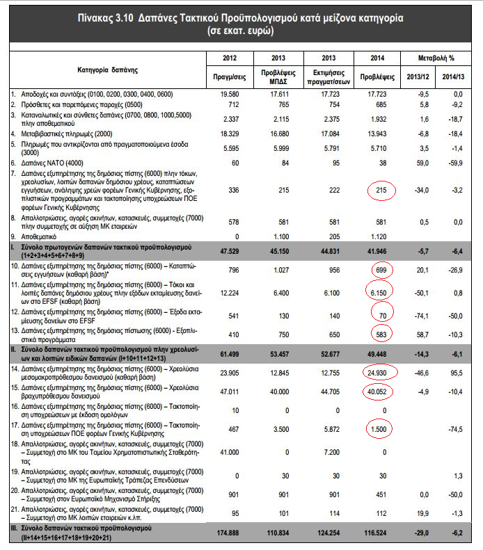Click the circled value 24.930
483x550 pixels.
(379, 373)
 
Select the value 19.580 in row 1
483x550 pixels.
(231, 92)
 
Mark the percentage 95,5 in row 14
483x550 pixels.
(457, 373)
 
